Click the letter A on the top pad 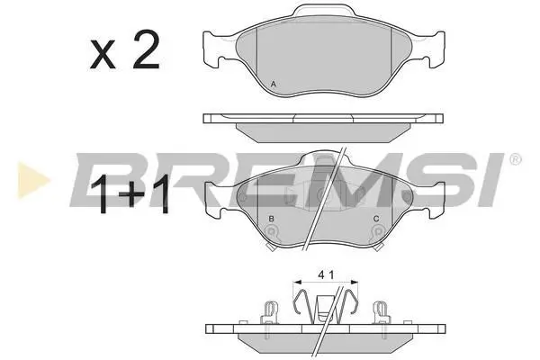point(273,84)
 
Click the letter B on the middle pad point(272,219)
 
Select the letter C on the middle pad point(376,219)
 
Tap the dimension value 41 point(326,274)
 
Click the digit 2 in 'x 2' point(147,49)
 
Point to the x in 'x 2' point(103,55)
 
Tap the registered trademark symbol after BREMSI point(515,159)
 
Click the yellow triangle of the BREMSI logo point(31,180)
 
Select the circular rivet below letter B point(272,231)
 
